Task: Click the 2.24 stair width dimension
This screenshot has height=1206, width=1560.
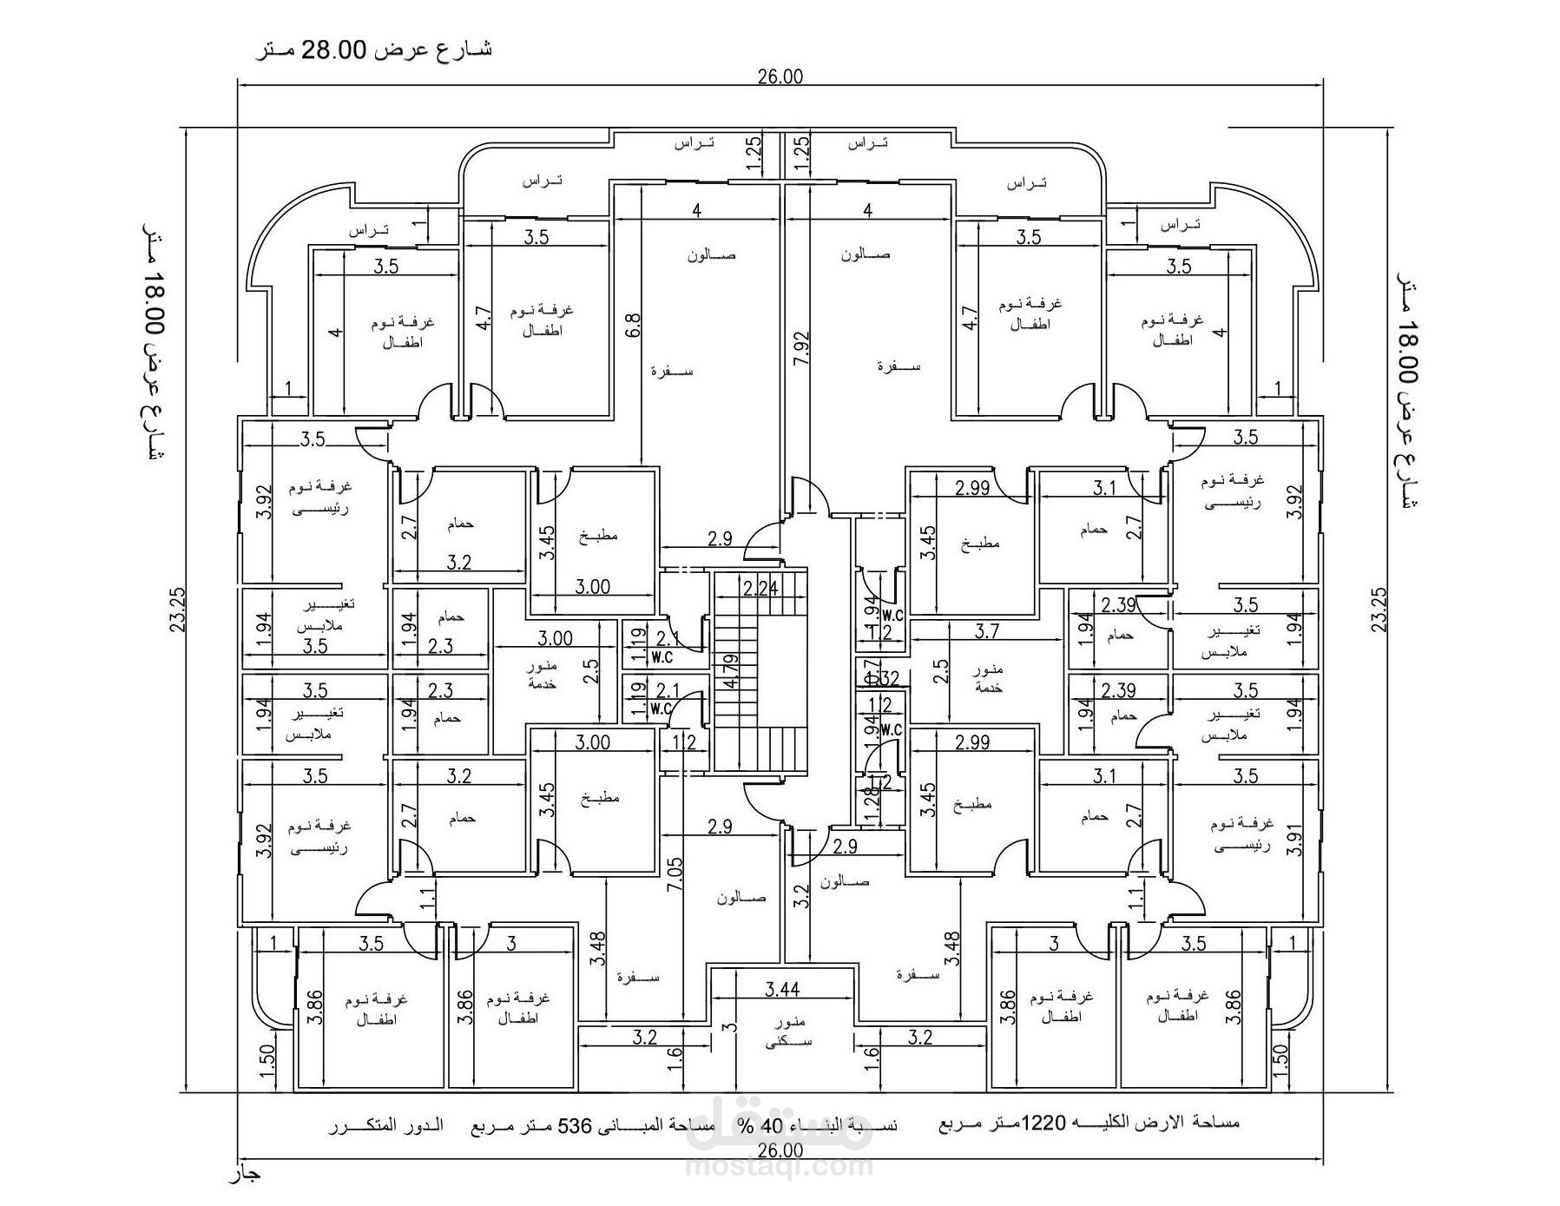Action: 760,588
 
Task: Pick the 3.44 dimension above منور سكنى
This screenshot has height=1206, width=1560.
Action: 782,988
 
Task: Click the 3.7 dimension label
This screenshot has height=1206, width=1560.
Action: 987,631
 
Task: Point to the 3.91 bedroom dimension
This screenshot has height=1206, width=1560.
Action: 1294,840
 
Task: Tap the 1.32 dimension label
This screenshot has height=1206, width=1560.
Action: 884,678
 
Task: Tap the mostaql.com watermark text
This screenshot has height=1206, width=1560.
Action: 779,1165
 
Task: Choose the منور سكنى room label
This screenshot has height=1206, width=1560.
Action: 787,1031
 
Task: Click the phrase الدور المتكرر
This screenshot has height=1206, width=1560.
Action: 385,1126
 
